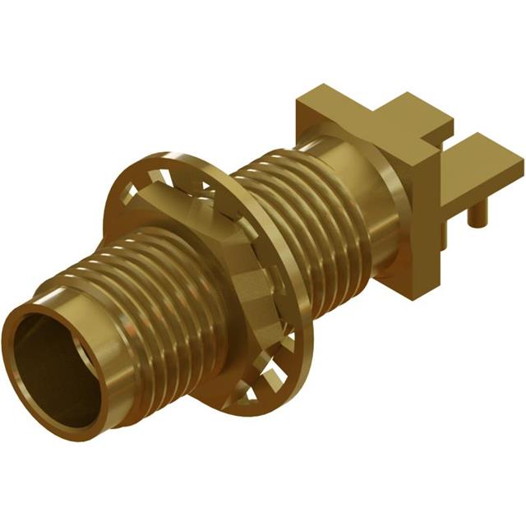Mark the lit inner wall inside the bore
[x=66, y=337]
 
